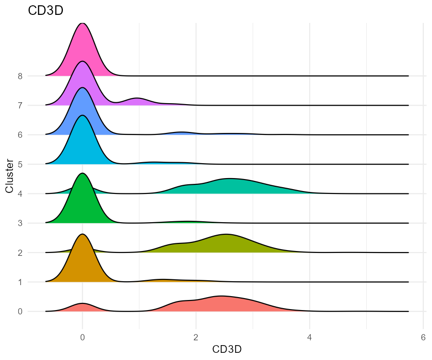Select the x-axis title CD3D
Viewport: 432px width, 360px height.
(227, 349)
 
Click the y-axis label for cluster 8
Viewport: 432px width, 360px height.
(20, 76)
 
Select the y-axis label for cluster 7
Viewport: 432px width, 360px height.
(20, 105)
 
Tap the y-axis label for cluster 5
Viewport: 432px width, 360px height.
(20, 164)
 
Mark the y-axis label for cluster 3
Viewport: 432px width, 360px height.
(20, 223)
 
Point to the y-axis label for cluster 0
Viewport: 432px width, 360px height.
(20, 312)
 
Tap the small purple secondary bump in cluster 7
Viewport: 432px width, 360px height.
(137, 101)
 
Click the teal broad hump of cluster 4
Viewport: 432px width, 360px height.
(230, 186)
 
